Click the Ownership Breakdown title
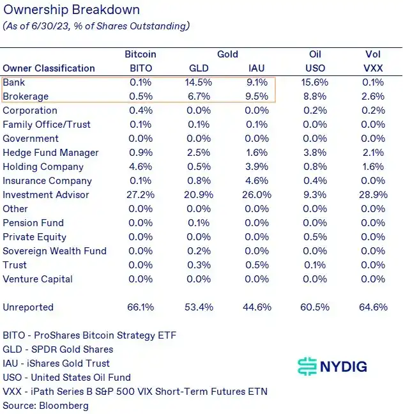coord(72,10)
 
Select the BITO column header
coord(141,68)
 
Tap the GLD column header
coord(199,68)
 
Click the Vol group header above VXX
coord(372,54)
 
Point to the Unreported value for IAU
coord(257,307)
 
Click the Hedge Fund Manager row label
coord(50,153)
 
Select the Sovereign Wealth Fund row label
coord(54,251)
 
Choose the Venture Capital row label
coord(38,279)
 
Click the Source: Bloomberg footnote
coord(46,406)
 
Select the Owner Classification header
coord(49,68)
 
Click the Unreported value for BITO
coord(141,307)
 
